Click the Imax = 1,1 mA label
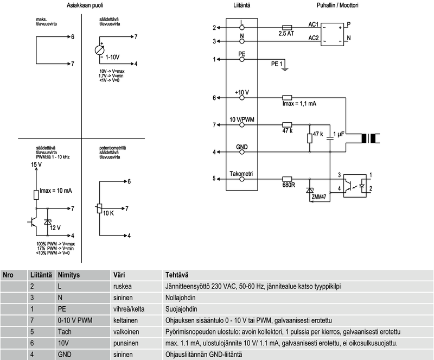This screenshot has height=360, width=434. pyautogui.click(x=301, y=104)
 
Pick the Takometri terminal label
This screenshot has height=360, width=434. pyautogui.click(x=241, y=173)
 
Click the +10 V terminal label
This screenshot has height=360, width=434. pyautogui.click(x=242, y=92)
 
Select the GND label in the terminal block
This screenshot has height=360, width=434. pyautogui.click(x=242, y=147)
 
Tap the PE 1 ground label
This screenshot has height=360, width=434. pyautogui.click(x=277, y=64)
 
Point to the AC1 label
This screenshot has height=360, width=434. pyautogui.click(x=314, y=24)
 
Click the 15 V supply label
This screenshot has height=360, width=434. pyautogui.click(x=36, y=163)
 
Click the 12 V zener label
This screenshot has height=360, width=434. pyautogui.click(x=56, y=228)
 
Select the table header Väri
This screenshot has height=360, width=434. pyautogui.click(x=119, y=275)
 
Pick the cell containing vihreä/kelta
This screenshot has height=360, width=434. pyautogui.click(x=129, y=309)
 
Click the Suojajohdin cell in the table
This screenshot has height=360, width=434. pyautogui.click(x=181, y=309)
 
